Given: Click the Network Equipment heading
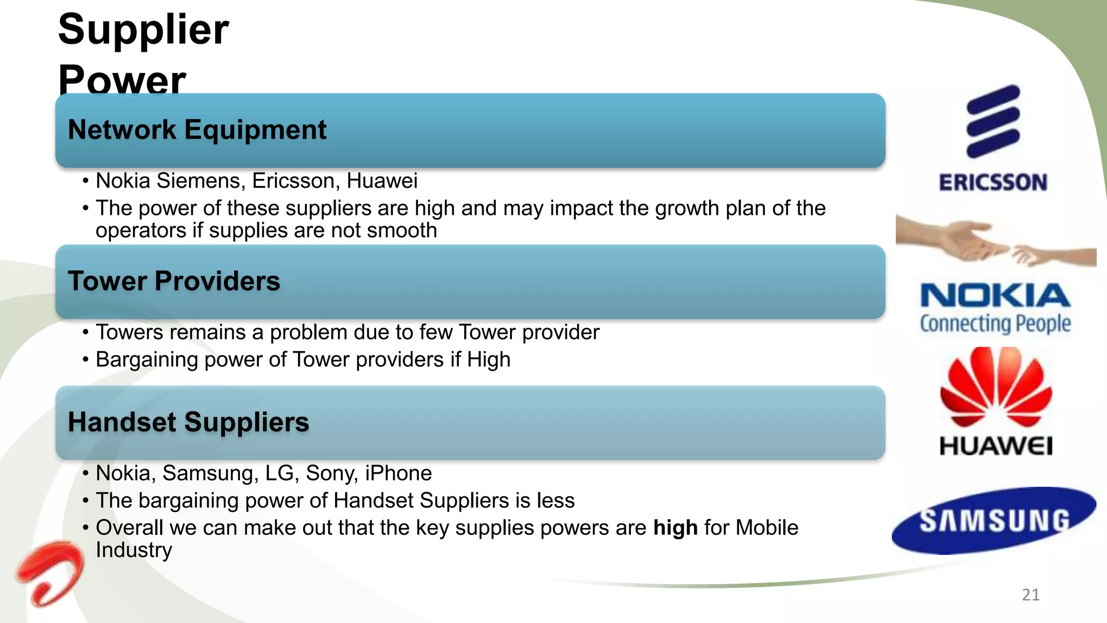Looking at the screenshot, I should pos(197,130).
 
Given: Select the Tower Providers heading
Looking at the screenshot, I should pos(174,281).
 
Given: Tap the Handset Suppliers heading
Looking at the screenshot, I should pos(188,422).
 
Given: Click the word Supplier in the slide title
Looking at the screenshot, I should pos(143,29).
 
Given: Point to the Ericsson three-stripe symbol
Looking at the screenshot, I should pos(993,121).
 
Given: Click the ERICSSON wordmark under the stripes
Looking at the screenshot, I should pos(993,183).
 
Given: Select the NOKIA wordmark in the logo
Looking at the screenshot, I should pos(995,296).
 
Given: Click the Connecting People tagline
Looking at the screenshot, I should pos(995,323).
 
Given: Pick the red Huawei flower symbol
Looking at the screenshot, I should pos(996,387).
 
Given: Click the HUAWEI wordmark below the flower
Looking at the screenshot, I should pos(996,447).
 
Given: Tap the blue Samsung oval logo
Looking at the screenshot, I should pos(994,521).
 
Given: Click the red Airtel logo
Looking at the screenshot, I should pos(50,573).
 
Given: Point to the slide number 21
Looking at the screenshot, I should pos(1031,595).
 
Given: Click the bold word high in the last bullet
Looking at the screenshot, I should pos(675,528).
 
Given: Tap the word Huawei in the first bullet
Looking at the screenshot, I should pos(382,181).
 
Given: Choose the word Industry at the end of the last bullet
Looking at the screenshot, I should pos(134,550).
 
